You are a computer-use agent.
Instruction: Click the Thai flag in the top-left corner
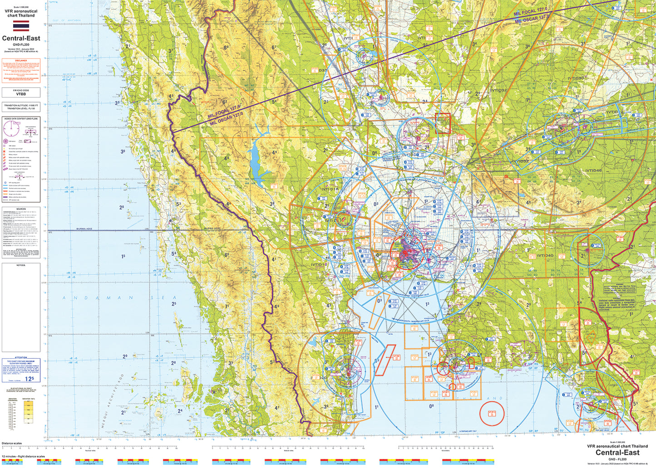(x=21, y=25)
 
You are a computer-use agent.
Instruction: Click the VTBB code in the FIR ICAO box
(x=21, y=94)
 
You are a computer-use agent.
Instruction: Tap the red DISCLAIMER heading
(x=21, y=60)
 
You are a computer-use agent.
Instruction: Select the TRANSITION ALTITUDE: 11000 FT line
(x=21, y=105)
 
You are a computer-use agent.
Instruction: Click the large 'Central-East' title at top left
(x=21, y=39)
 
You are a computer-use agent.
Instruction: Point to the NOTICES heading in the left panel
(x=21, y=265)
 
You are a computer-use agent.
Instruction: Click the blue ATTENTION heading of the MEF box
(x=21, y=358)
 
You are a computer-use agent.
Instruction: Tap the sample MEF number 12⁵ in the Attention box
(x=30, y=379)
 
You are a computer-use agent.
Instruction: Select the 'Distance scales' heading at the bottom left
(x=12, y=443)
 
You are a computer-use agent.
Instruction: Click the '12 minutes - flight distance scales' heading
(x=23, y=456)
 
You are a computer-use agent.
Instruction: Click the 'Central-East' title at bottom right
(x=617, y=453)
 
